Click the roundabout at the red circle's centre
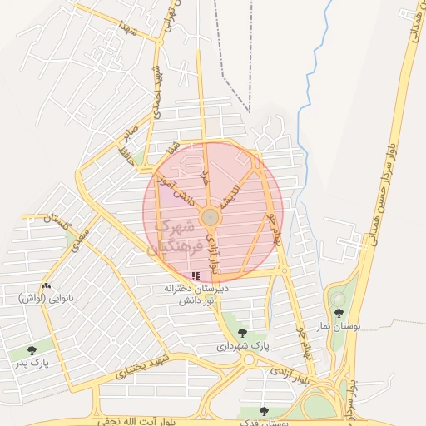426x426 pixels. click(x=212, y=217)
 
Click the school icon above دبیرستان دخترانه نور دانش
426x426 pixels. click(x=196, y=275)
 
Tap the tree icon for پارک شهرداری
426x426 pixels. click(x=242, y=333)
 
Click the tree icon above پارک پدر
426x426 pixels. click(x=32, y=350)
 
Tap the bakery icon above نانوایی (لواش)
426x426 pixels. click(x=46, y=286)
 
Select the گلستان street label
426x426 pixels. click(x=60, y=221)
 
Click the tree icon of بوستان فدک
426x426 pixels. click(x=264, y=411)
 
